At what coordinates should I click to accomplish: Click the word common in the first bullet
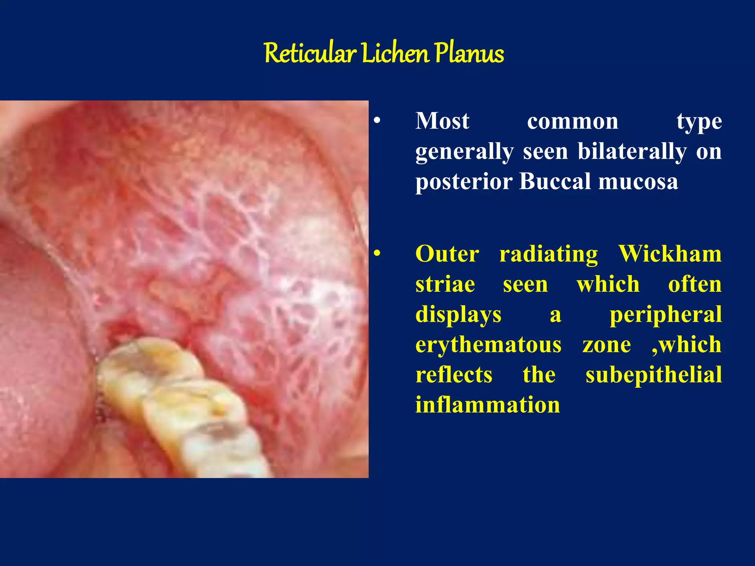click(573, 122)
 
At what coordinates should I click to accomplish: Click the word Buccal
click(556, 181)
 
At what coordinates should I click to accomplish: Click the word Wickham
click(670, 254)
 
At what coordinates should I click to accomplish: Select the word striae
click(445, 284)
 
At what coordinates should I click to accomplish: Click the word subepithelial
click(653, 375)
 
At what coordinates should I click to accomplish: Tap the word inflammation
click(488, 405)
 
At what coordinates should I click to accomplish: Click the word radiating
click(549, 254)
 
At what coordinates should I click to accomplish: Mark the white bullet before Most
click(376, 121)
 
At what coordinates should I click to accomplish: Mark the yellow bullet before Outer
click(376, 254)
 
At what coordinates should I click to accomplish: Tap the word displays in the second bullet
click(458, 315)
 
